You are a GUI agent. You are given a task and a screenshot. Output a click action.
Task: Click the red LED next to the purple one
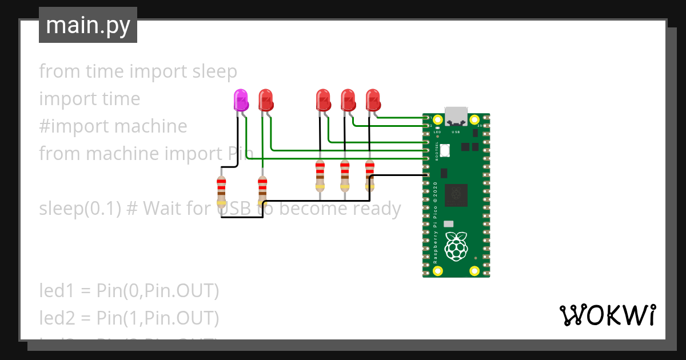[266, 100]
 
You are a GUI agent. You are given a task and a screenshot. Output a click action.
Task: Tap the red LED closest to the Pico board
[373, 100]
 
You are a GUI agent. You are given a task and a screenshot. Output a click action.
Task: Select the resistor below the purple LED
[221, 190]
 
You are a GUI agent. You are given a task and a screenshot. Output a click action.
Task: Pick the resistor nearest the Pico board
[369, 175]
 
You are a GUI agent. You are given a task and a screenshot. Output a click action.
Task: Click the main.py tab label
[88, 25]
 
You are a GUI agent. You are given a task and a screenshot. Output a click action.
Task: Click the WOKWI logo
[607, 315]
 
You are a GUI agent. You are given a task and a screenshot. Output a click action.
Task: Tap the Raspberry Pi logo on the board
[456, 246]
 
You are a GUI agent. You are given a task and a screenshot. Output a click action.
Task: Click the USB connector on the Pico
[456, 116]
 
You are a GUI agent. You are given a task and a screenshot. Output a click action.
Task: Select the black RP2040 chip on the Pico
[457, 195]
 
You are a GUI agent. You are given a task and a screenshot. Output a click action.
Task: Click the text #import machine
[113, 126]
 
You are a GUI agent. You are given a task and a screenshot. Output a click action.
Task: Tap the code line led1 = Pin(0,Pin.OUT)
[129, 290]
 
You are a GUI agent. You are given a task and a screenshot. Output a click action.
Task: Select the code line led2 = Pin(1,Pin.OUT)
[129, 317]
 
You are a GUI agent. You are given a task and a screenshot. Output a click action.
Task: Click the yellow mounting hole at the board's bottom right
[474, 271]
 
